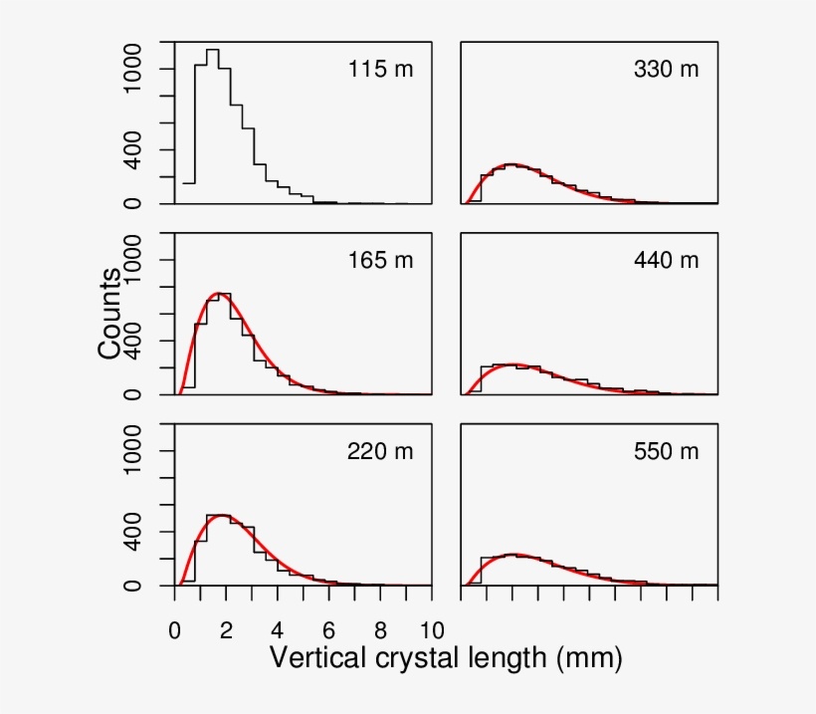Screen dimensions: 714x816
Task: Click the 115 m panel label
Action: pyautogui.click(x=379, y=70)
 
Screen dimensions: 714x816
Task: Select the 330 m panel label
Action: pyautogui.click(x=666, y=70)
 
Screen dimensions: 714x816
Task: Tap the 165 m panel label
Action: pyautogui.click(x=379, y=261)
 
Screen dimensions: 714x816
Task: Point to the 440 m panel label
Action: pyautogui.click(x=666, y=261)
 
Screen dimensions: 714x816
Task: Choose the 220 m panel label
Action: pyautogui.click(x=379, y=451)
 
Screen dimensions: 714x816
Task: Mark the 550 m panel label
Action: pyautogui.click(x=666, y=451)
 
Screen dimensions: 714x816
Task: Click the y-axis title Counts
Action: pyautogui.click(x=110, y=313)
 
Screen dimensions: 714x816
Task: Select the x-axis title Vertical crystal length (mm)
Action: pyautogui.click(x=446, y=658)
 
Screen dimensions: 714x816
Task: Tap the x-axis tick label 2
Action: pyautogui.click(x=227, y=628)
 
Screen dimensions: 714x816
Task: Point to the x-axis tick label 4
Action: pyautogui.click(x=278, y=628)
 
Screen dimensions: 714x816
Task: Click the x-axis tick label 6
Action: pyautogui.click(x=329, y=628)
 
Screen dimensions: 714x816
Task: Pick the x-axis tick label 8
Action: pyautogui.click(x=381, y=628)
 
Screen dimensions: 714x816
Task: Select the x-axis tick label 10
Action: pyautogui.click(x=432, y=628)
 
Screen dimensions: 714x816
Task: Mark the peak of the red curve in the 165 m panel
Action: pyautogui.click(x=218, y=294)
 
